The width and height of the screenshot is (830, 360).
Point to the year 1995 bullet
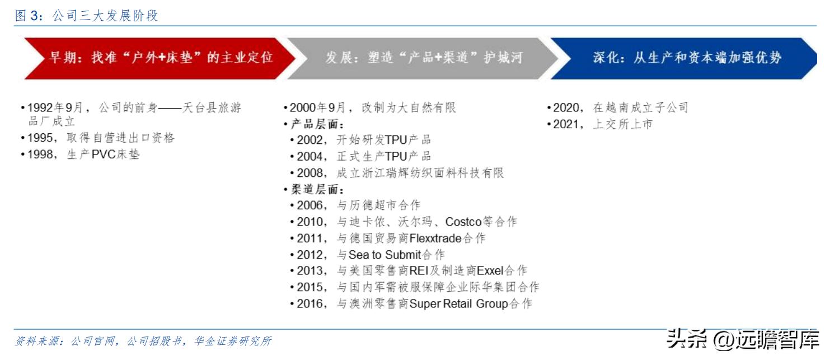click(42, 138)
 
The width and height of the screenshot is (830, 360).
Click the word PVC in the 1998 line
click(102, 154)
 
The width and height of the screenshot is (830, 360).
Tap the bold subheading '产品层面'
click(317, 124)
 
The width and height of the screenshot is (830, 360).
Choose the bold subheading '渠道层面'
click(317, 189)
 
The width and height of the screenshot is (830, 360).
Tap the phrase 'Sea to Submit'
click(384, 255)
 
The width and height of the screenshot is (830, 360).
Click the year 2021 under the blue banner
click(567, 124)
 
